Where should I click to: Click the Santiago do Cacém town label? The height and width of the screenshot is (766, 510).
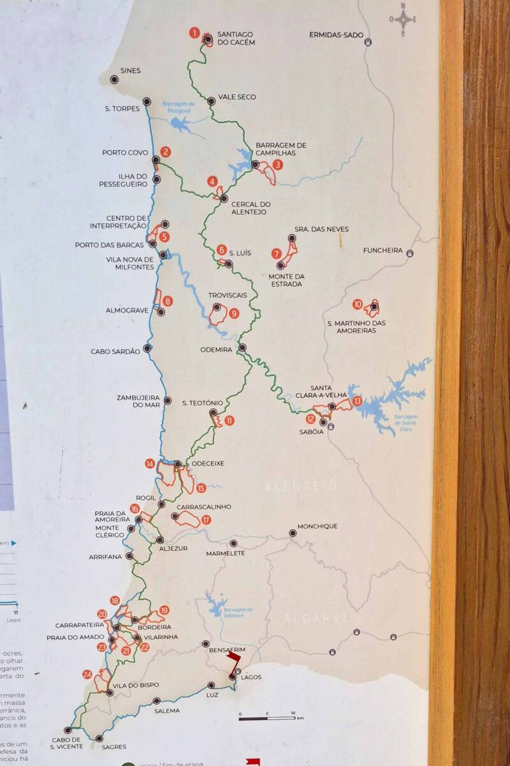tap(236, 38)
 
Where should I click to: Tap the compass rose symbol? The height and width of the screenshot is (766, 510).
tap(404, 19)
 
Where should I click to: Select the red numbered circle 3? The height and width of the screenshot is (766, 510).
tap(278, 164)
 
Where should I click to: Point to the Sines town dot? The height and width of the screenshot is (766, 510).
tap(114, 80)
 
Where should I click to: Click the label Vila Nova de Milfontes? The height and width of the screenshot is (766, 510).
tap(130, 263)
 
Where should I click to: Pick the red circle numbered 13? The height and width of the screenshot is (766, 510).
tap(357, 401)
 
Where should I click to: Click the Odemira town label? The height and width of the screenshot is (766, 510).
tap(216, 350)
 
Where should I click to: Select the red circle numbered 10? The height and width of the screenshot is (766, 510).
tap(357, 304)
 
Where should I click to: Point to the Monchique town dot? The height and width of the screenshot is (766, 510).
tap(293, 533)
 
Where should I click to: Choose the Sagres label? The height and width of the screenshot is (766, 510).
tap(113, 746)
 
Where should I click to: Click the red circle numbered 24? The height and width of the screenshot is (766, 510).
tap(87, 674)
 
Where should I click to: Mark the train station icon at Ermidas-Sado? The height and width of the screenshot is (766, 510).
tap(368, 43)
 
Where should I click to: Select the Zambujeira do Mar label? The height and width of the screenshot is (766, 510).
tap(138, 400)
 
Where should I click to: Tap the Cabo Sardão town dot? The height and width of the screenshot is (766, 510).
tap(147, 349)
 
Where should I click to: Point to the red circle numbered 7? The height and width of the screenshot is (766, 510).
tap(276, 253)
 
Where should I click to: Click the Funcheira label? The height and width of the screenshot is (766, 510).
tap(382, 250)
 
